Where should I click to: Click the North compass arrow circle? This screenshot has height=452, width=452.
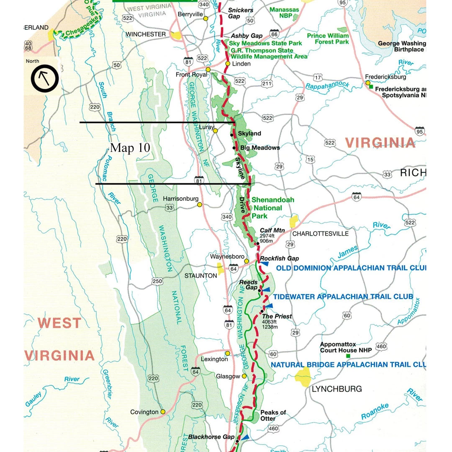coord(44,78)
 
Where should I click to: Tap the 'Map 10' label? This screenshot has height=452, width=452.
coord(130,148)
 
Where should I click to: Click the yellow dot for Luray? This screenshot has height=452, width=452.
coord(215,131)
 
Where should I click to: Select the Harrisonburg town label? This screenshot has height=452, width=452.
coord(180,199)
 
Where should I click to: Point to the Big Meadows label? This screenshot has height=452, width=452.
coord(260,148)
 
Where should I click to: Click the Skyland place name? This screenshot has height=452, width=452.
coord(249,134)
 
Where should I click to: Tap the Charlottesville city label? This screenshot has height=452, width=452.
coord(320,234)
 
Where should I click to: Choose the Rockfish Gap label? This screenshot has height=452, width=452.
coord(280,259)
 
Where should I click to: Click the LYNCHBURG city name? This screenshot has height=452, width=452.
coord(337,389)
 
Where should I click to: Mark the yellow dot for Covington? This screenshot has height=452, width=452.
coord(163,411)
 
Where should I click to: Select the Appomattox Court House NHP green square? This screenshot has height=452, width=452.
coord(348,356)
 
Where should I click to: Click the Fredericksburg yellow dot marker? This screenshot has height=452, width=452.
coord(368,83)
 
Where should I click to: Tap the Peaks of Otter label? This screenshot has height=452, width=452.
coord(273,415)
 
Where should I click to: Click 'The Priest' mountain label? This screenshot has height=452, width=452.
coord(277,316)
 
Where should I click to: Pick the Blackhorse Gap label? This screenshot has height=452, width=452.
coord(211,437)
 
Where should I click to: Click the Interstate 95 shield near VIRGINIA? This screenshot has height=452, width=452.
coord(420,131)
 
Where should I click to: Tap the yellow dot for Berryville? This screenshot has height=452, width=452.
coord(205,18)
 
